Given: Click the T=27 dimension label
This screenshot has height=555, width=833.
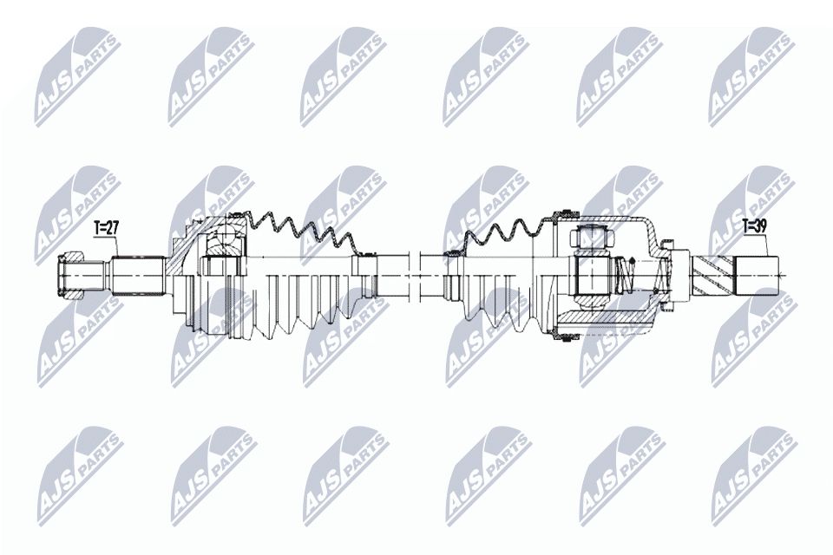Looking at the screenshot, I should point(106,228).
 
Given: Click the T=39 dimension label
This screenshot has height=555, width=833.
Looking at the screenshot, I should point(755,227).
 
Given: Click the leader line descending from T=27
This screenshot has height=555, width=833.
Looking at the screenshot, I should point(116,247).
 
